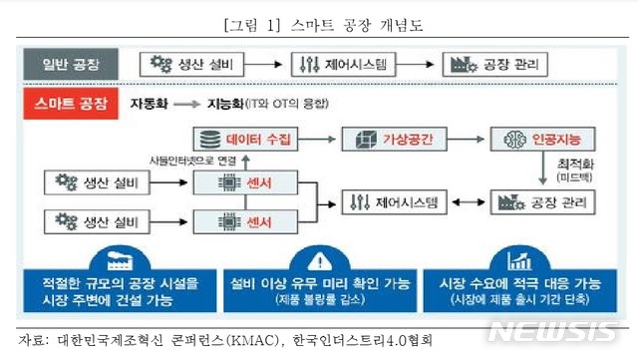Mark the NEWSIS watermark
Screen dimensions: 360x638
click(x=559, y=332)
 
